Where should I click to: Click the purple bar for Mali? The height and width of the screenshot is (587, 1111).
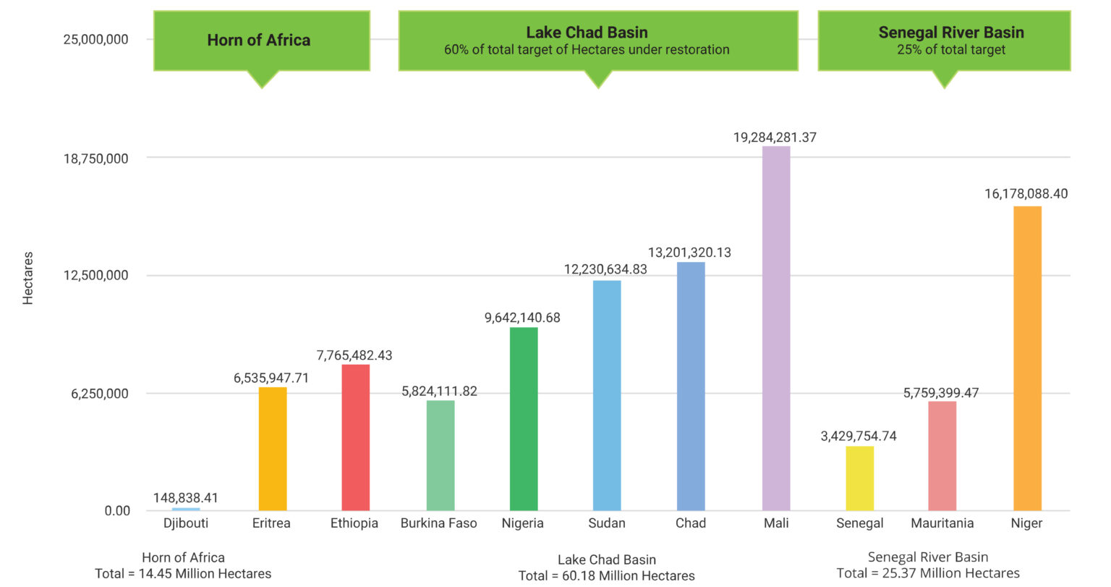click(776, 329)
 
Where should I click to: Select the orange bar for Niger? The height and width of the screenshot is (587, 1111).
click(1027, 358)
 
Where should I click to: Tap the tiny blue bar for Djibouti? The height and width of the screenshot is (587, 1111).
click(186, 509)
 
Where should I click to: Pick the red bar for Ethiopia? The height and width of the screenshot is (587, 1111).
click(355, 437)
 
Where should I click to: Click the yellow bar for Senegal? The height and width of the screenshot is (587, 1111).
click(859, 478)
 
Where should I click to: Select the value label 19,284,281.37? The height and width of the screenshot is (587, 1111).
click(775, 138)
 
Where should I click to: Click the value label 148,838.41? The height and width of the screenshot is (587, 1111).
click(185, 498)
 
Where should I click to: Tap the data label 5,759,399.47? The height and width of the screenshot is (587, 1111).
click(941, 393)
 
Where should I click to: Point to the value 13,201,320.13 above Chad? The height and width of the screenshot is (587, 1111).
click(689, 253)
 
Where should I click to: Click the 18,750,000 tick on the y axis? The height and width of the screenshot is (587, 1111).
click(95, 159)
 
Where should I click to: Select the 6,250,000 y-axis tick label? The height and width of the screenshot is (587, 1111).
click(99, 394)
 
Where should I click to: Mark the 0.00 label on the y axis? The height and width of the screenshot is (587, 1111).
click(117, 511)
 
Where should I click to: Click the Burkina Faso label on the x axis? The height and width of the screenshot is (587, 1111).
click(438, 523)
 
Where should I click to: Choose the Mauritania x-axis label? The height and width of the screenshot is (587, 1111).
click(942, 523)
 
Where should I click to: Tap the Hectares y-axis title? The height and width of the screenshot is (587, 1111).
click(28, 278)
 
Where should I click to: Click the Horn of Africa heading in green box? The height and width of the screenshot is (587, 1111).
click(259, 41)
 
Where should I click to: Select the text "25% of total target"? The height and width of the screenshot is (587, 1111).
click(951, 50)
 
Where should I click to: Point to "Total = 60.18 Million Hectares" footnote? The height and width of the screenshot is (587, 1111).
click(606, 576)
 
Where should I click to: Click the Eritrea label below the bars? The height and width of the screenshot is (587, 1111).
click(271, 523)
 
